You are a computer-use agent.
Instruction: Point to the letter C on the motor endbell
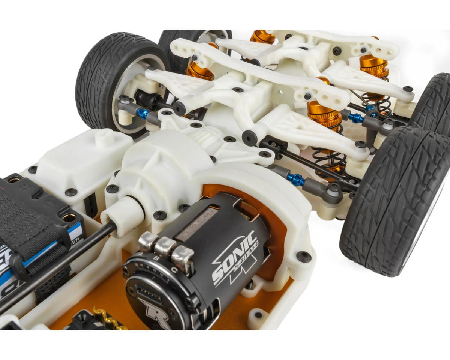173,268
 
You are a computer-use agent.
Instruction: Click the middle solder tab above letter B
164,247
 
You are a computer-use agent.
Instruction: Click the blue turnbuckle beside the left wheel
142,113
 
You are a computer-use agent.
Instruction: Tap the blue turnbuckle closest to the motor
296,180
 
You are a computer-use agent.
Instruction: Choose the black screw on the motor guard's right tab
303,256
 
